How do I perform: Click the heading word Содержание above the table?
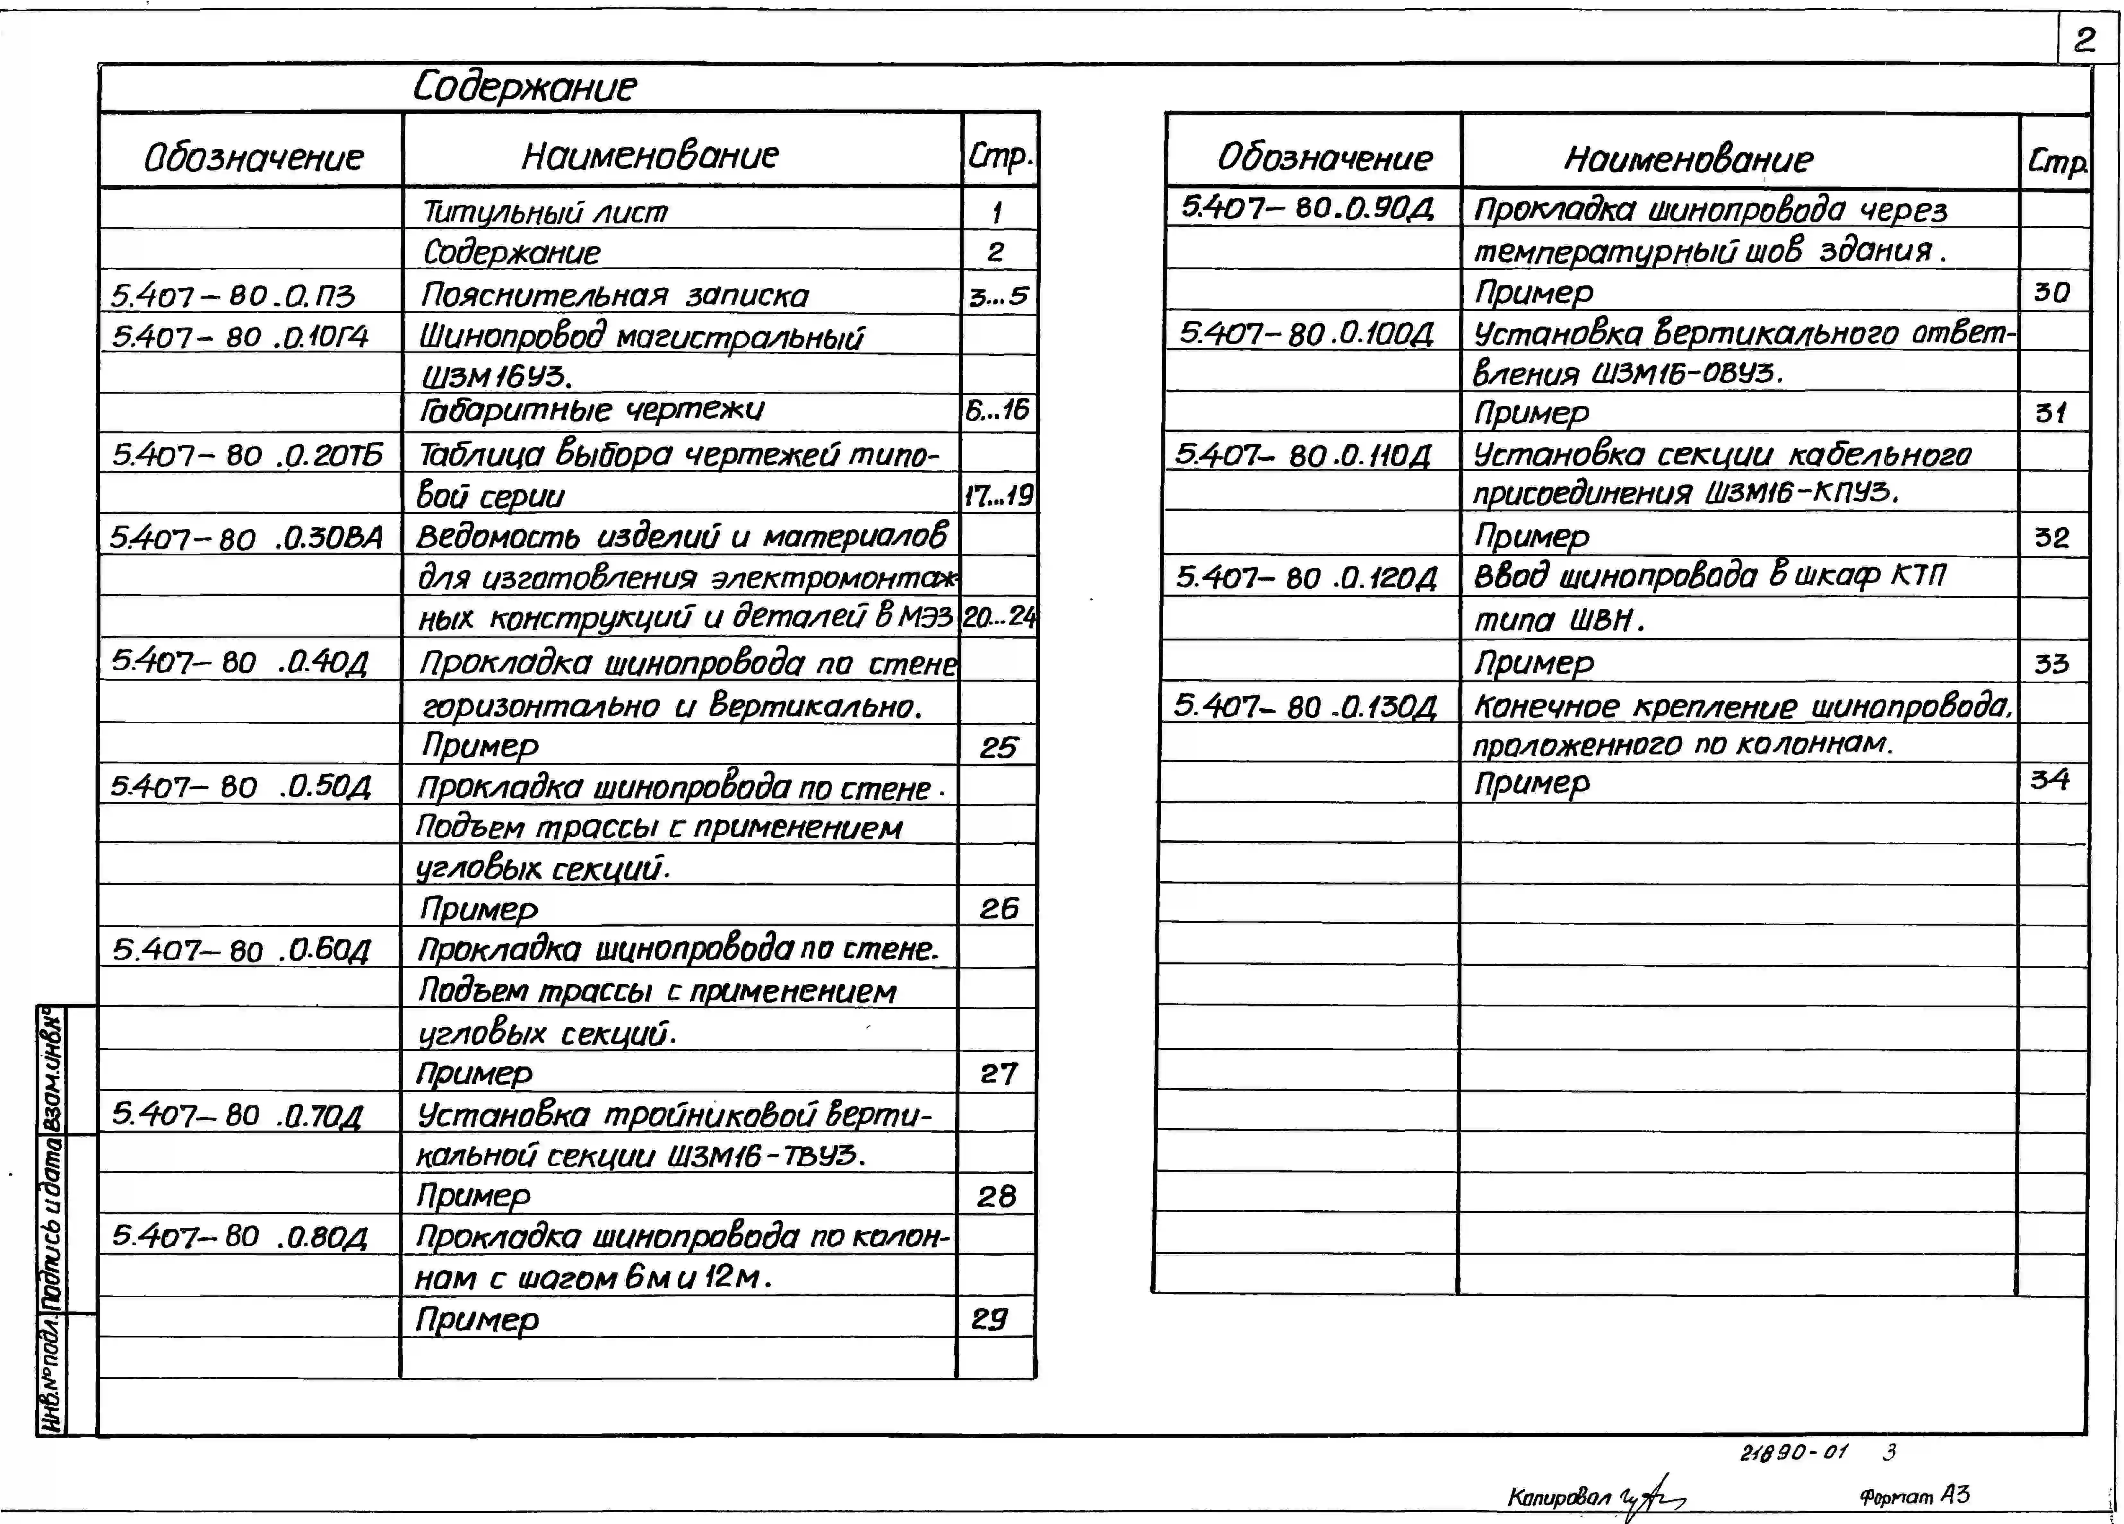[x=524, y=87]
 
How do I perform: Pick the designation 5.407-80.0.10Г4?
[x=240, y=336]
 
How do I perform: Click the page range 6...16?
[x=997, y=409]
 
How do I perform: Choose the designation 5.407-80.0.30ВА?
[x=245, y=538]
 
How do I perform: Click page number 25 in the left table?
[x=998, y=747]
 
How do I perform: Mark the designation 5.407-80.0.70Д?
[x=237, y=1115]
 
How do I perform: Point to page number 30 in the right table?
[x=2051, y=292]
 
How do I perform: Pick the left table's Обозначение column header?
[x=253, y=157]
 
